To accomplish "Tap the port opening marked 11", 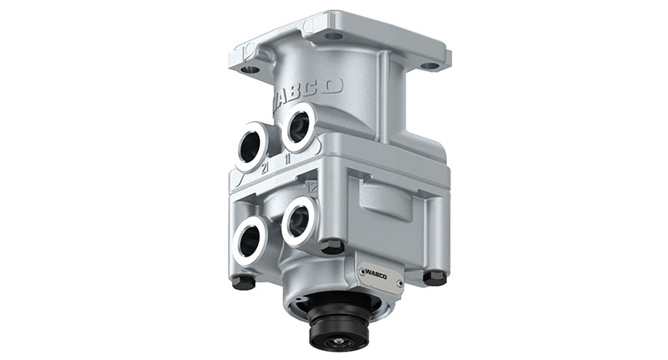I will tap(298, 126).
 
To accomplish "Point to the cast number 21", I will tap(266, 168).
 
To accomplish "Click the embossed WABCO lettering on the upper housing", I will tap(309, 90).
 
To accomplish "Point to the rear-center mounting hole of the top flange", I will tap(333, 36).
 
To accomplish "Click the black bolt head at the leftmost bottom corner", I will tap(242, 282).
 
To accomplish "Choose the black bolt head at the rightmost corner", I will tap(434, 276).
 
